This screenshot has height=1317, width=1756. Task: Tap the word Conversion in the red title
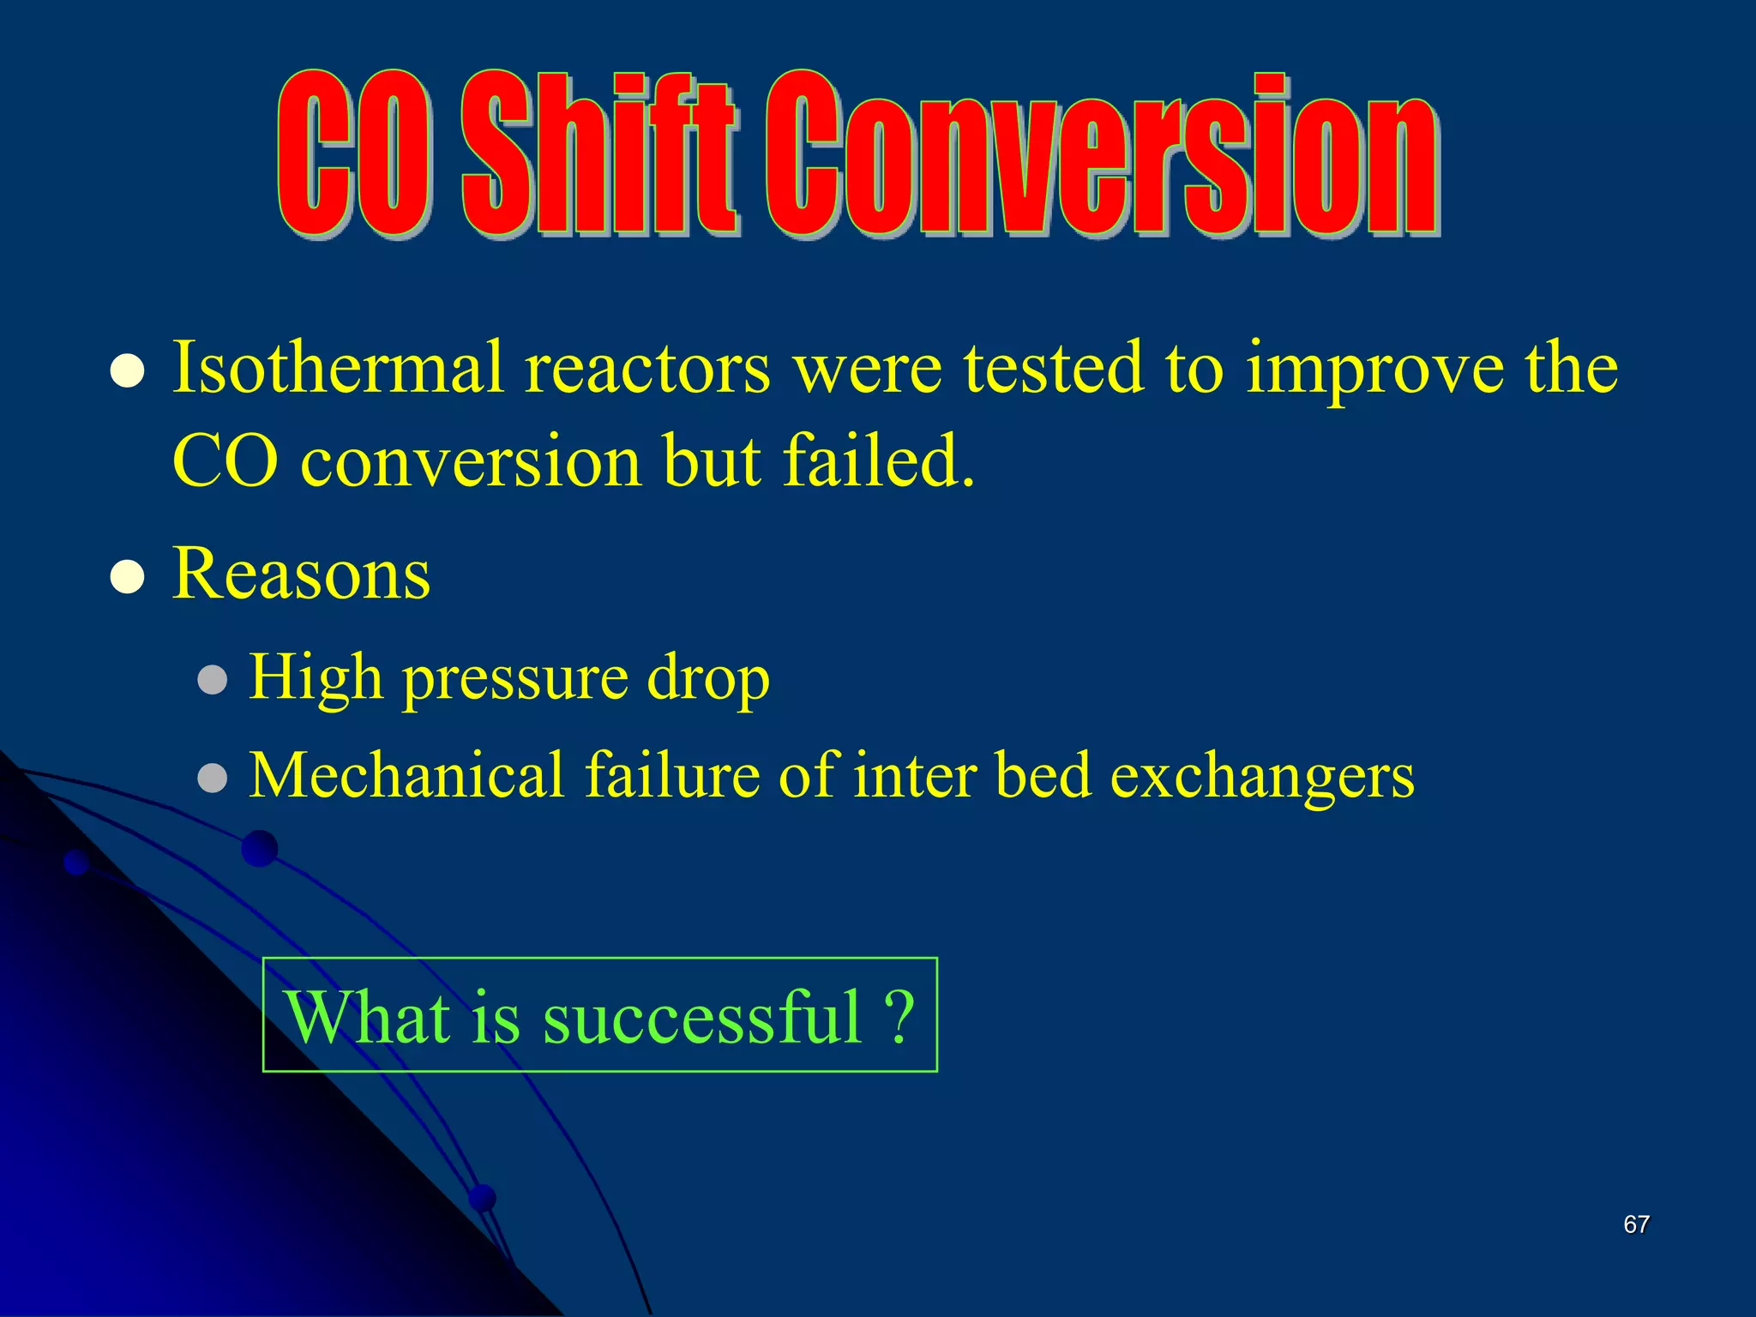1102,154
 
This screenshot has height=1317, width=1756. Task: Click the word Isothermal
338,368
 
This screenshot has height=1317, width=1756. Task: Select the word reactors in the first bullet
647,370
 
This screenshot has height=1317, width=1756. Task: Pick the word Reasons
301,574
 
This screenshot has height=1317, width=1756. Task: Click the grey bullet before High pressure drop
212,681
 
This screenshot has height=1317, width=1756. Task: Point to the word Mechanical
406,775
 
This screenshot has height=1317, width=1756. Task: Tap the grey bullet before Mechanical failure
212,778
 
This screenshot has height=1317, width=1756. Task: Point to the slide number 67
1636,1224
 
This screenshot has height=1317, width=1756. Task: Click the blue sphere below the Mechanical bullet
259,849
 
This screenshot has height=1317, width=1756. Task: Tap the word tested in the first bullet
1054,368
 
